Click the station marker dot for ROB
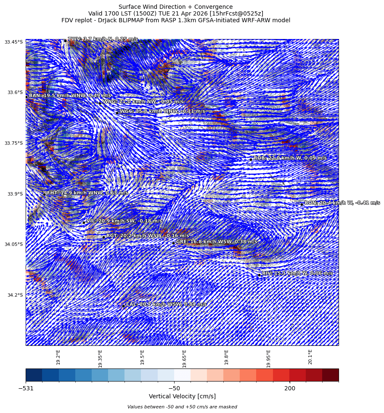(x=251, y=159)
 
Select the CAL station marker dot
(x=123, y=306)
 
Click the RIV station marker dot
(x=259, y=275)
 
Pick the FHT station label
(x=87, y=193)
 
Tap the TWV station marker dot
(x=65, y=41)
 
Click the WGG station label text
(x=162, y=111)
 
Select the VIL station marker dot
(x=84, y=222)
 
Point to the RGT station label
(x=147, y=236)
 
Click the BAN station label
(x=70, y=96)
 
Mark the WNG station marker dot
(x=100, y=103)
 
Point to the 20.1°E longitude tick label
(x=310, y=356)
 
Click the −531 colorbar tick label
(x=26, y=389)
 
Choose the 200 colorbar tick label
(x=289, y=389)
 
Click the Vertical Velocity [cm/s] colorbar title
(x=182, y=397)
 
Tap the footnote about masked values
(x=182, y=407)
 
